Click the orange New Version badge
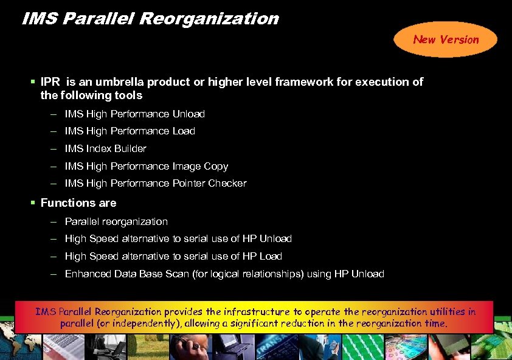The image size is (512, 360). click(446, 40)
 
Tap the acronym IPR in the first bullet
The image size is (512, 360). click(50, 81)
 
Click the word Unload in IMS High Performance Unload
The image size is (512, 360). click(189, 114)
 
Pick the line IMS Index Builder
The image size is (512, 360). click(105, 148)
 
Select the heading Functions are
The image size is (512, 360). click(78, 202)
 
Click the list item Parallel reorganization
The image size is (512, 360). click(116, 221)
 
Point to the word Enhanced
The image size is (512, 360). click(88, 274)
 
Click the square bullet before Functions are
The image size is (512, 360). click(33, 202)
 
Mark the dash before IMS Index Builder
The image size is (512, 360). click(54, 148)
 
